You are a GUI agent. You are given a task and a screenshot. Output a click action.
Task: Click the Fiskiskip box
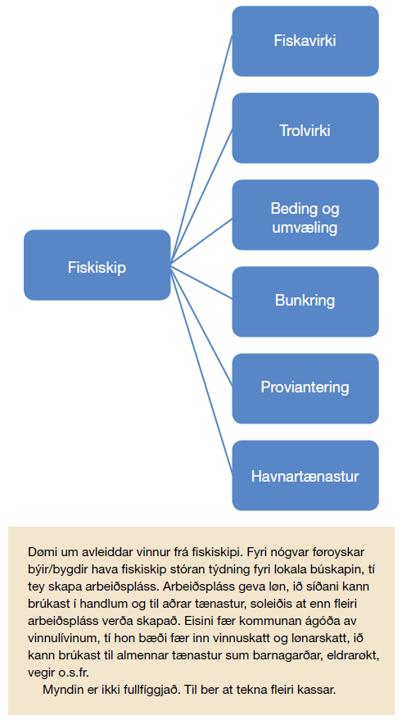[x=97, y=265]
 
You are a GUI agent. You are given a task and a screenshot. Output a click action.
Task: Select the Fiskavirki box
[x=305, y=41]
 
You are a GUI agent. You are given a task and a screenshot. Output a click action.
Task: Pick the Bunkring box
[x=305, y=301]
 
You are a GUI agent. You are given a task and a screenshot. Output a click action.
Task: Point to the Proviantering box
[x=305, y=388]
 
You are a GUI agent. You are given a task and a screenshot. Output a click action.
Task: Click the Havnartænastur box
[x=305, y=475]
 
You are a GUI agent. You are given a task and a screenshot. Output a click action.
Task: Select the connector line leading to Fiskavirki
[x=201, y=150]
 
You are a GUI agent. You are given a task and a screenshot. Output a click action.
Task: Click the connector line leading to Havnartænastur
[x=201, y=370]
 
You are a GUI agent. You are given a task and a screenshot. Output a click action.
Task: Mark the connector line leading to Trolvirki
[x=201, y=197]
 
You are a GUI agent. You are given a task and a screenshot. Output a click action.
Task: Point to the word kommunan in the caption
[x=215, y=621]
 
